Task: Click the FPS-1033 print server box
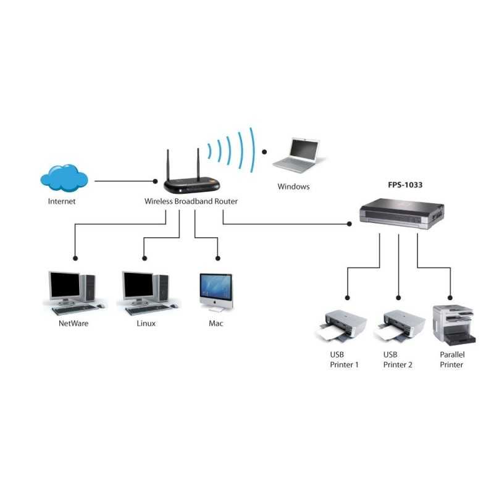coord(401,212)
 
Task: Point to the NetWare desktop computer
coord(73,291)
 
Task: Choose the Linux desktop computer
coord(146,291)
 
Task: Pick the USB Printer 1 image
coord(345,327)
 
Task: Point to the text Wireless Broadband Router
coord(191,201)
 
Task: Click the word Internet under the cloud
coord(62,201)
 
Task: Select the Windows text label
coord(293,186)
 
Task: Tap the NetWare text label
coord(73,323)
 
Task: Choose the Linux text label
coord(146,323)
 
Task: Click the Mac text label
coord(216,323)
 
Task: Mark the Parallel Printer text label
coord(451,359)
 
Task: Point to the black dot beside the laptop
coord(265,151)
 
